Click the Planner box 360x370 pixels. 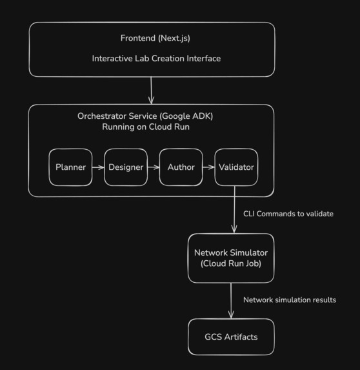[x=71, y=167]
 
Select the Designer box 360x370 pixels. [x=126, y=167]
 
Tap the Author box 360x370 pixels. [x=181, y=167]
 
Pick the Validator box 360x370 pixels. [x=236, y=167]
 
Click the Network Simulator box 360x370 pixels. [x=231, y=258]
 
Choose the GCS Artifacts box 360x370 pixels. [x=231, y=336]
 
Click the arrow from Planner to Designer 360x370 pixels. [x=98, y=167]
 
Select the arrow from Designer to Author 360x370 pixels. [x=153, y=167]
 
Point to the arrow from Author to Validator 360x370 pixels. [x=208, y=167]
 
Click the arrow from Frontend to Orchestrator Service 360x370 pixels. [x=152, y=90]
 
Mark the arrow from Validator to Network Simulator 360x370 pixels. [x=234, y=210]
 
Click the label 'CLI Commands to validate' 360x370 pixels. [x=288, y=214]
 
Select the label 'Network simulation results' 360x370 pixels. [x=289, y=300]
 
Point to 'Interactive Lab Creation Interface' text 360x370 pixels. [x=156, y=59]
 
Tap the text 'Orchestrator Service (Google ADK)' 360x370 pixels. [x=145, y=116]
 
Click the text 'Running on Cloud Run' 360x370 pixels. [x=145, y=127]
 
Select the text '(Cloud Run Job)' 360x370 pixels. [x=231, y=263]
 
